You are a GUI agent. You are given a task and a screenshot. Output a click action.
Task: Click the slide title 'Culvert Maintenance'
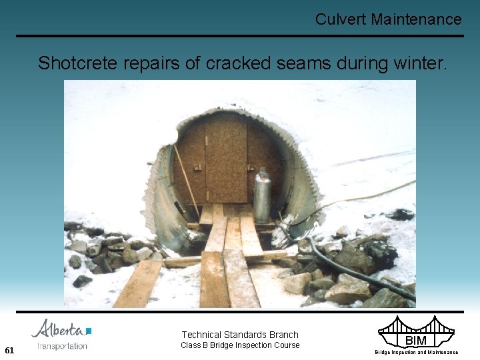point(388,19)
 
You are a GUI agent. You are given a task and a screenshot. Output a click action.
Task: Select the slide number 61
point(9,350)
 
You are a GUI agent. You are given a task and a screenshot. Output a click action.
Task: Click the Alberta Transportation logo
point(62,334)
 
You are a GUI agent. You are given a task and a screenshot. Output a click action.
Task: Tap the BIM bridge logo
point(416,331)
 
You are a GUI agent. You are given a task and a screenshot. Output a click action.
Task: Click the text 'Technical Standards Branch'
point(240,335)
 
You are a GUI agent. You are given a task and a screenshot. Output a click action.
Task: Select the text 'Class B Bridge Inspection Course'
point(240,345)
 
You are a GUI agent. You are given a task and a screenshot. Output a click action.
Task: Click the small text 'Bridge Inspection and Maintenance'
point(416,352)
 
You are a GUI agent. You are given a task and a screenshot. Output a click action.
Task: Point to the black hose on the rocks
point(353,270)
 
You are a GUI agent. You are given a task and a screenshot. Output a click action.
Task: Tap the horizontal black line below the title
point(240,36)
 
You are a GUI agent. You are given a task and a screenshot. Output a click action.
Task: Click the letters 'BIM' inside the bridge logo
point(416,341)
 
